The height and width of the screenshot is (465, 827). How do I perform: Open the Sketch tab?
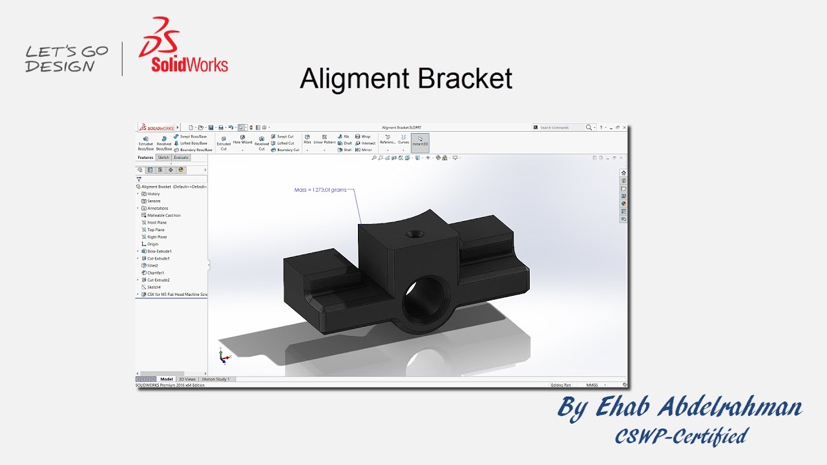[163, 158]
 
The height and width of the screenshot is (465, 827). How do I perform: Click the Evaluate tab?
[181, 158]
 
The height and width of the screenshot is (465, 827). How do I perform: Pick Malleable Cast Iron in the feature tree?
[163, 215]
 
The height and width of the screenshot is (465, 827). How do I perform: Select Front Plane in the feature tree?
[156, 222]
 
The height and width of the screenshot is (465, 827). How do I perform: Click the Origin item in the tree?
[152, 244]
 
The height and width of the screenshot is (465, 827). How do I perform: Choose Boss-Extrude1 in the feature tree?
[159, 251]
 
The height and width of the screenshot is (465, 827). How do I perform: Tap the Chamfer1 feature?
[155, 273]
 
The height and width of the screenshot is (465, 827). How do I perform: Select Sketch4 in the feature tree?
[154, 287]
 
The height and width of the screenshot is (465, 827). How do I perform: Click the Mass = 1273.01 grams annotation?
[320, 190]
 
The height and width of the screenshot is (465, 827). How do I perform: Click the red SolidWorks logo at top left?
[183, 46]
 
